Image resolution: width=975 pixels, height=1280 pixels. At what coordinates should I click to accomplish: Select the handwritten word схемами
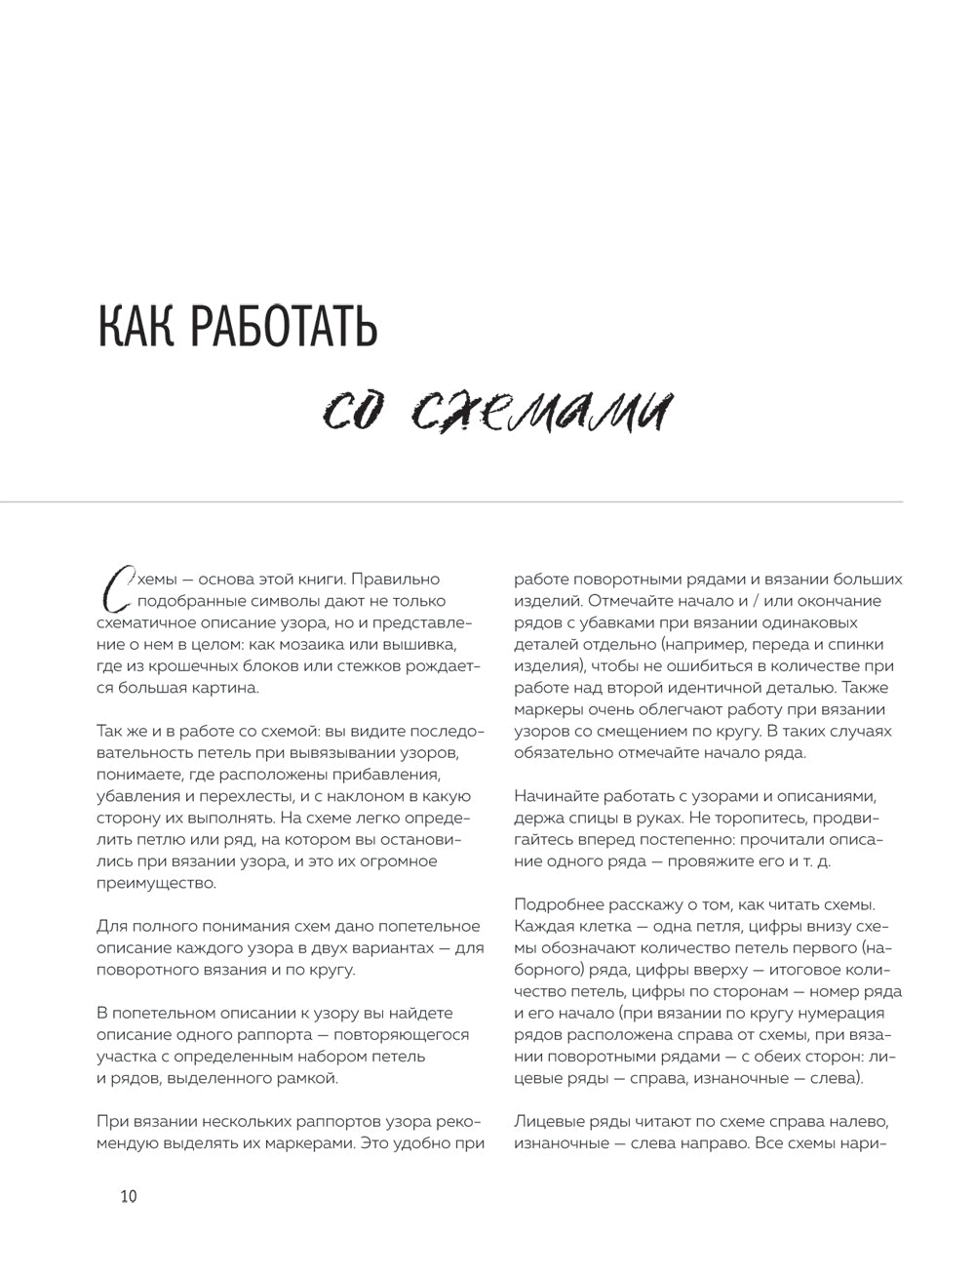click(x=541, y=412)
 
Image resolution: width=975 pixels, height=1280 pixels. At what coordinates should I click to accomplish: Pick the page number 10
click(x=128, y=1196)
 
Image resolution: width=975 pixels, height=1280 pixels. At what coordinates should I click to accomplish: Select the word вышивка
click(x=420, y=645)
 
